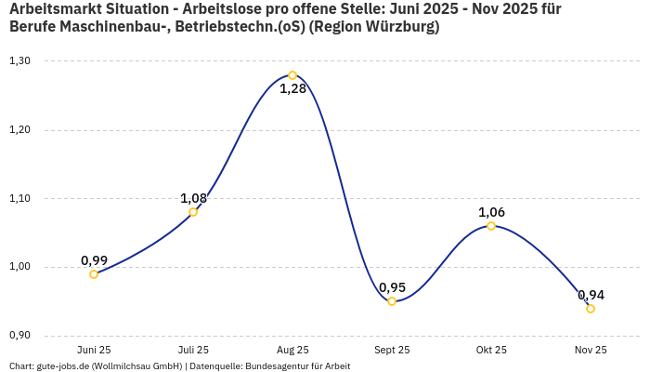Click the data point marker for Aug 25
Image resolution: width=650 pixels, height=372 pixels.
(292, 75)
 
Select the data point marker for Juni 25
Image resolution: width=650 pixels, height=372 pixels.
(94, 274)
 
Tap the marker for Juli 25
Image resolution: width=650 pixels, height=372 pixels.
(193, 212)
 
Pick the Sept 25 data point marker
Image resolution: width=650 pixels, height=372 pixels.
(392, 301)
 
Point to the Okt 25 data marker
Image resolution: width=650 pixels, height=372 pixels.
(491, 226)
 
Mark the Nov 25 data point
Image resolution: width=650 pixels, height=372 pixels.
(591, 309)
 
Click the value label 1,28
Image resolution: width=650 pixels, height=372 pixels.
(292, 90)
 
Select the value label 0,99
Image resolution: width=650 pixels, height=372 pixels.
(94, 260)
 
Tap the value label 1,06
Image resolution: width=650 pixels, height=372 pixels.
(491, 212)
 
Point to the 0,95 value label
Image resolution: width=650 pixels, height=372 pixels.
(392, 287)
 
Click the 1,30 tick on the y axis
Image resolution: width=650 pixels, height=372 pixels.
(19, 61)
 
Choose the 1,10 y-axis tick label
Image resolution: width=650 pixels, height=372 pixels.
(19, 198)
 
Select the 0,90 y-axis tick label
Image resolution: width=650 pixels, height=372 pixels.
(19, 336)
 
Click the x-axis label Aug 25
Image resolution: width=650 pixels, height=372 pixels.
(292, 351)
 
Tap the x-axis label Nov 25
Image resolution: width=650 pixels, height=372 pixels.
(591, 351)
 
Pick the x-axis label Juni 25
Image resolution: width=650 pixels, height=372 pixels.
(94, 351)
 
